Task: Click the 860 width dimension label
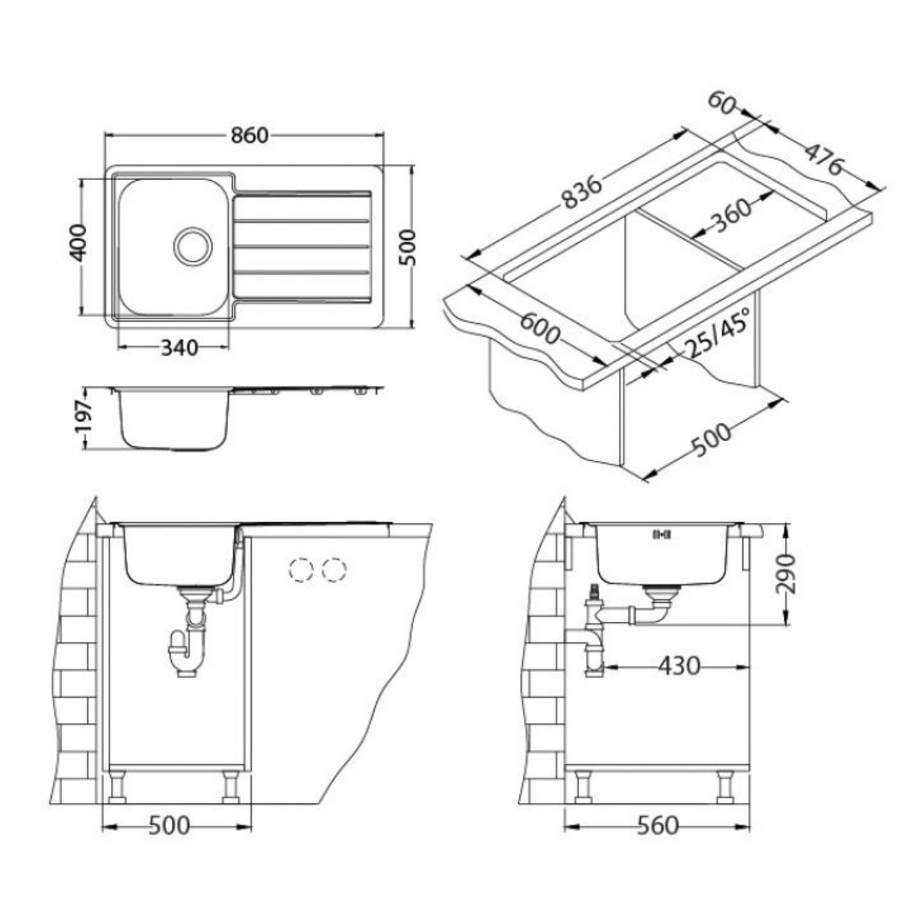249,135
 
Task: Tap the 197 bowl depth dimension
84,418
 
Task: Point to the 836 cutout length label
582,192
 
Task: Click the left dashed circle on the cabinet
301,569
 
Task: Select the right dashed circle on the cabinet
334,569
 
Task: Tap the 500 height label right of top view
408,246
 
